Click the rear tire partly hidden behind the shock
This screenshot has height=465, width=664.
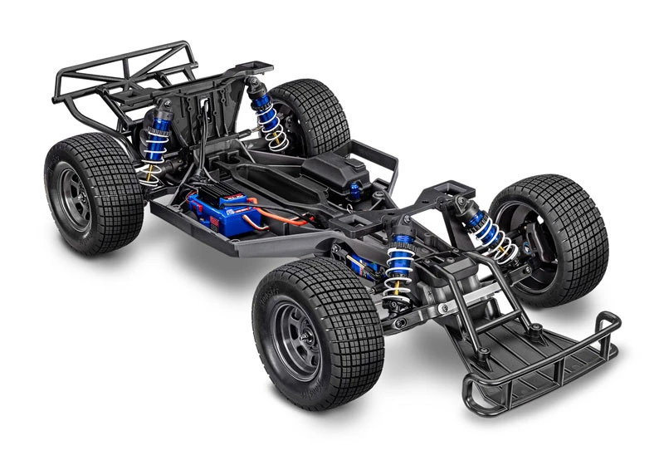[x=311, y=112]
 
